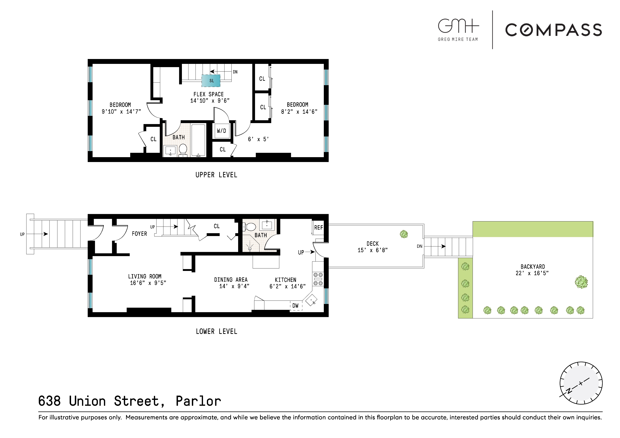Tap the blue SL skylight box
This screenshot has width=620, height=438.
click(x=211, y=81)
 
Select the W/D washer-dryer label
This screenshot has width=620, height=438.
click(x=221, y=131)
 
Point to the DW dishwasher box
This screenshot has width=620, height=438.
click(x=296, y=306)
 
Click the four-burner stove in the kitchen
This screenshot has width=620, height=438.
click(x=318, y=279)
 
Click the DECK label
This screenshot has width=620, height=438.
click(x=373, y=244)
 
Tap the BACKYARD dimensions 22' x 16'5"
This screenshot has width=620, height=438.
click(x=532, y=273)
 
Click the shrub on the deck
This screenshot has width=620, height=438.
click(x=404, y=234)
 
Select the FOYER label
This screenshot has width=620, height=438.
click(x=139, y=234)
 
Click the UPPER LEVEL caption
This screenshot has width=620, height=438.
click(x=216, y=175)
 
